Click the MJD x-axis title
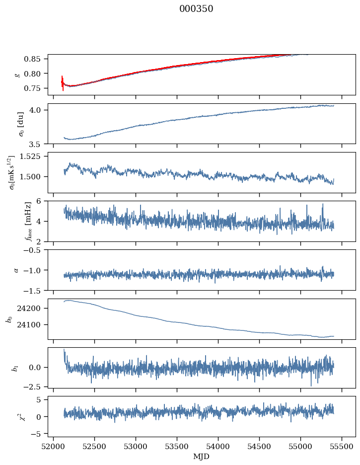[202, 456]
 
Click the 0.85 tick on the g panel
[36, 59]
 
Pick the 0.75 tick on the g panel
[36, 88]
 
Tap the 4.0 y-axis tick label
[39, 110]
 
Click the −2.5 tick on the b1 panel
[34, 386]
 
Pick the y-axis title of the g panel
[18, 75]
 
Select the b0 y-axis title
[9, 318]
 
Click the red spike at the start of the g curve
[63, 83]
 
